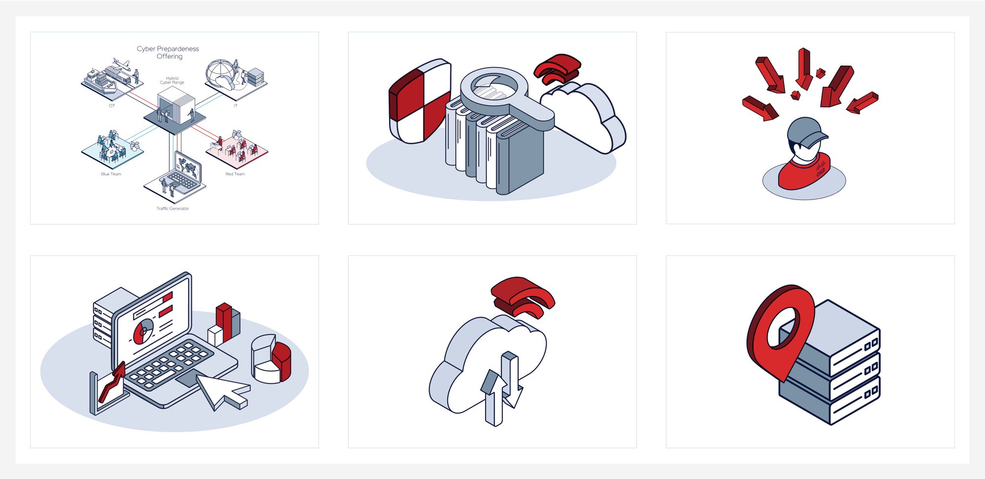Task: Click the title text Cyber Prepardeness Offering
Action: pyautogui.click(x=168, y=52)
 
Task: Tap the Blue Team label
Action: pyautogui.click(x=111, y=174)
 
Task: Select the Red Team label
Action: pyautogui.click(x=235, y=174)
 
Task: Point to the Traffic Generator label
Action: pyautogui.click(x=172, y=208)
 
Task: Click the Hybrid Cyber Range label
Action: pyautogui.click(x=172, y=80)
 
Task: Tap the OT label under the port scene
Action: pyautogui.click(x=112, y=106)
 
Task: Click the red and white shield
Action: pyautogui.click(x=419, y=102)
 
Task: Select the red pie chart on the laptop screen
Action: pyautogui.click(x=143, y=331)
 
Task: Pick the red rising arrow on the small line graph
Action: pyautogui.click(x=113, y=382)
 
